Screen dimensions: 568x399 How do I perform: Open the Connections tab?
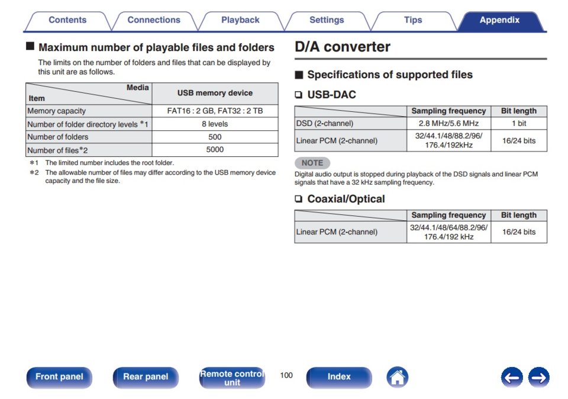(154, 20)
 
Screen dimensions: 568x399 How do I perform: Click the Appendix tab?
(500, 20)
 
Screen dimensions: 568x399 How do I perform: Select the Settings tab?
(327, 20)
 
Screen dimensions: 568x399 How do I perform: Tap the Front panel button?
(59, 377)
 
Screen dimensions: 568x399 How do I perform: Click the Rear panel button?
(146, 377)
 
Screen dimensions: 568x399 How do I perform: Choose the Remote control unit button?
(232, 378)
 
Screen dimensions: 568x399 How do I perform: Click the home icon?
(398, 377)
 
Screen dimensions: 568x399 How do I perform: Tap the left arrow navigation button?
(512, 378)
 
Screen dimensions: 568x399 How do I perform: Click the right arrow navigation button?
(538, 378)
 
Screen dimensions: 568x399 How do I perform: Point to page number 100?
(286, 375)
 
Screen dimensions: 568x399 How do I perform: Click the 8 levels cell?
(215, 124)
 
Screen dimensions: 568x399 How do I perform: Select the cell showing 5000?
(215, 150)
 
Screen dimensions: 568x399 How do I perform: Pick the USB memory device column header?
(215, 93)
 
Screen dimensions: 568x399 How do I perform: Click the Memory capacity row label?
(57, 111)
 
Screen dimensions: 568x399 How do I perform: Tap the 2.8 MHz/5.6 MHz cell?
(448, 123)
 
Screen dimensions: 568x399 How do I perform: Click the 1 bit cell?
(519, 123)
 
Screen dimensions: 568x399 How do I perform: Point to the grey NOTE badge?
(312, 163)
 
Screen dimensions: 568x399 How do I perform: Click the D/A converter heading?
(343, 47)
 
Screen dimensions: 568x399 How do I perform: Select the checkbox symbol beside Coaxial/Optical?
(298, 199)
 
